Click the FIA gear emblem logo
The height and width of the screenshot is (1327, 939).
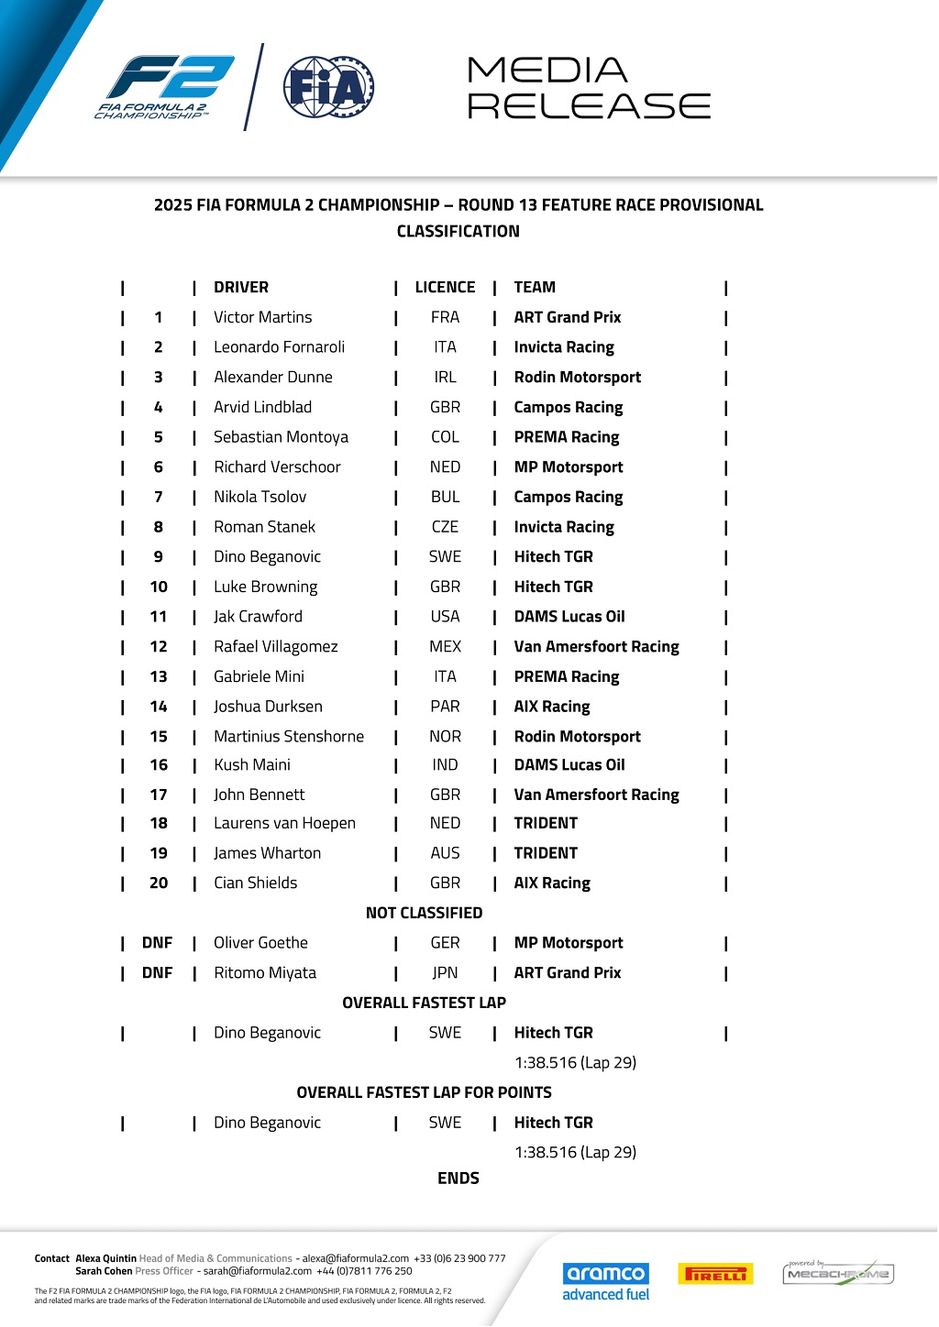click(x=327, y=88)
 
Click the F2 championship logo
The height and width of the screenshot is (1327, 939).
click(x=166, y=88)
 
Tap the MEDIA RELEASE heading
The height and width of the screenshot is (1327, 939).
click(x=588, y=88)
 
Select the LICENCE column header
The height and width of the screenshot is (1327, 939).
click(x=445, y=288)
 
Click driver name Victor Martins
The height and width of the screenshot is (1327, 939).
click(x=262, y=317)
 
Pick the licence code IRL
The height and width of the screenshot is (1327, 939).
click(x=445, y=378)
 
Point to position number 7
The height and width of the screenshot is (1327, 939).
click(x=159, y=497)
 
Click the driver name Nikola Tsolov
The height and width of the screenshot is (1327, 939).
click(x=260, y=497)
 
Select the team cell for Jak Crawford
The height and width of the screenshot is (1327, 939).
click(x=569, y=617)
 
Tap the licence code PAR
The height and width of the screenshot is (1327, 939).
click(x=445, y=707)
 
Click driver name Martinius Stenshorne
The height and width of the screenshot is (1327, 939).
click(x=288, y=737)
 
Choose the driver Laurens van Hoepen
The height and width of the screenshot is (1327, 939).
click(x=284, y=824)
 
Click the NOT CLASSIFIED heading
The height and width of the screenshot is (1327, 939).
click(x=424, y=913)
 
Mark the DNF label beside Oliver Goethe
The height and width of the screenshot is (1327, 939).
click(x=158, y=943)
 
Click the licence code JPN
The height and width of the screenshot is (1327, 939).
click(x=445, y=973)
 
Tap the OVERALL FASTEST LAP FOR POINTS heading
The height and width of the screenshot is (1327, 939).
click(x=424, y=1092)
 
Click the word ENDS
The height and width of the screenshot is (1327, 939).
click(x=458, y=1179)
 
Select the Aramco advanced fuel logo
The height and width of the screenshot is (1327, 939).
click(x=605, y=1281)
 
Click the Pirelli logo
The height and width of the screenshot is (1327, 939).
click(x=715, y=1274)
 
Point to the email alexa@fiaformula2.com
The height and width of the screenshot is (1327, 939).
click(x=356, y=1259)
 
